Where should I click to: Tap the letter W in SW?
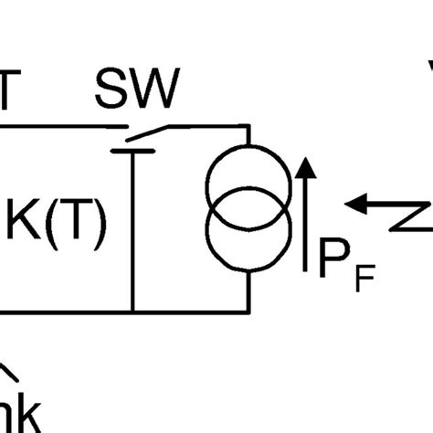(158, 89)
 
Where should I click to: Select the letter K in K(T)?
(25, 223)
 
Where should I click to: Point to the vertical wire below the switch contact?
(132, 228)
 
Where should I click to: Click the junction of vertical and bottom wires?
(132, 311)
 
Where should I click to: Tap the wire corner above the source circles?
(248, 127)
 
